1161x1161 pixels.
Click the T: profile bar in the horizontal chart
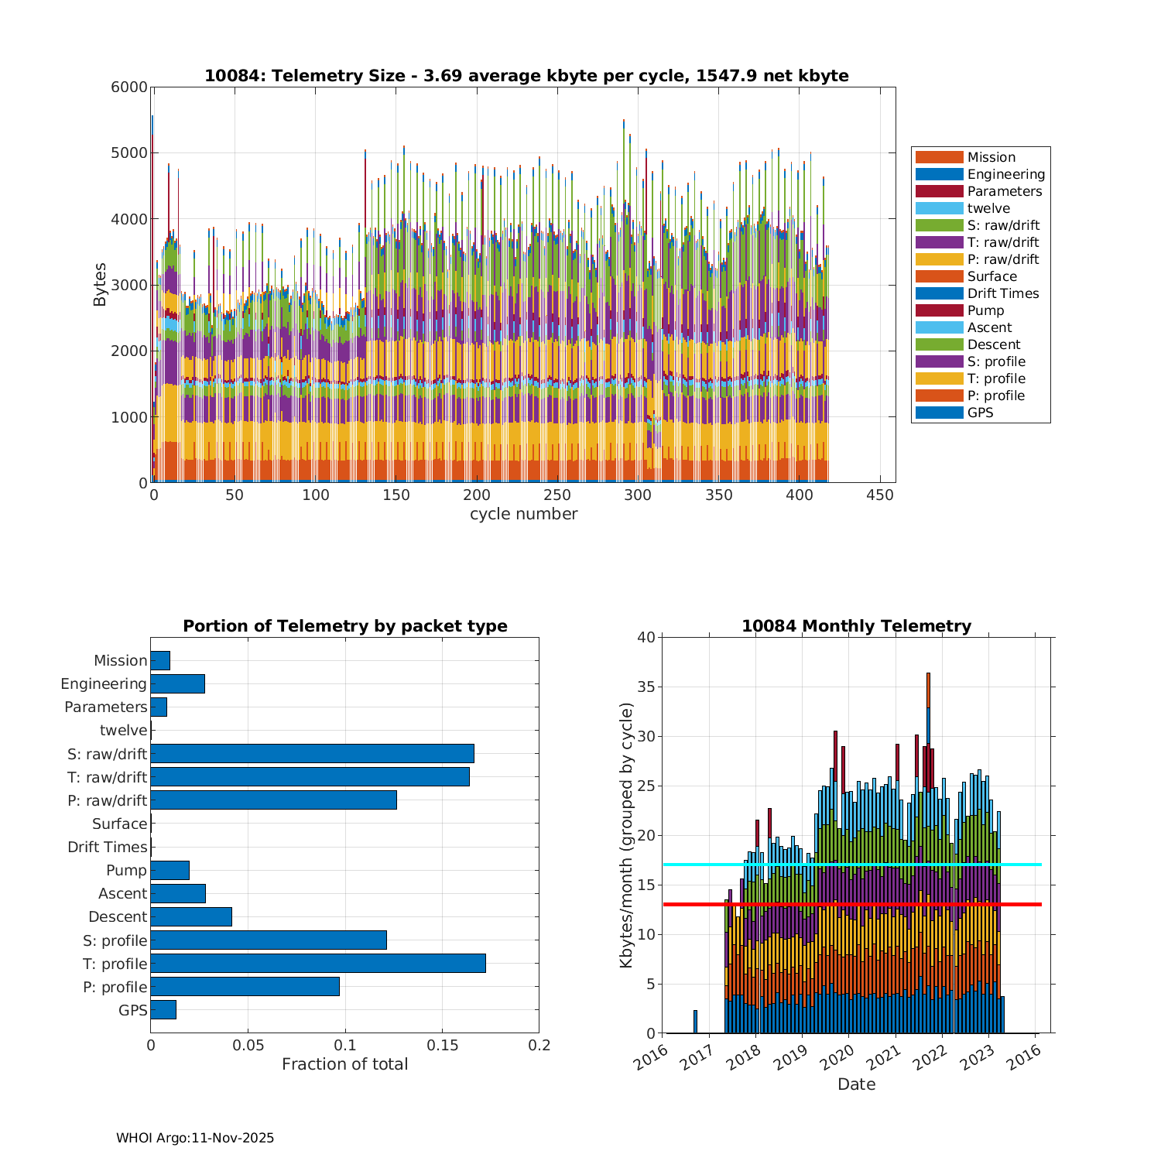[317, 963]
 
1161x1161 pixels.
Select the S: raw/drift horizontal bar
[312, 753]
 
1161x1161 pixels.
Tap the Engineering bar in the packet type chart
[177, 683]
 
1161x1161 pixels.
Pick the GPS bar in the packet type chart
[163, 1009]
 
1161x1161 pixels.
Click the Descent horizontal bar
[191, 916]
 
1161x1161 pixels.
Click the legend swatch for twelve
[939, 208]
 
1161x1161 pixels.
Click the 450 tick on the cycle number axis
[880, 495]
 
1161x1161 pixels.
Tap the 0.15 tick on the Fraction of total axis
[442, 1045]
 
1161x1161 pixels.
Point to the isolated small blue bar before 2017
[695, 1022]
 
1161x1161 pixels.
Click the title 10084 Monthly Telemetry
[856, 625]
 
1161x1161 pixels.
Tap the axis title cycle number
[523, 514]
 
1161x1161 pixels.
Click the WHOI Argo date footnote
[195, 1138]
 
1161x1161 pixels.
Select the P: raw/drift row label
[108, 800]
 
